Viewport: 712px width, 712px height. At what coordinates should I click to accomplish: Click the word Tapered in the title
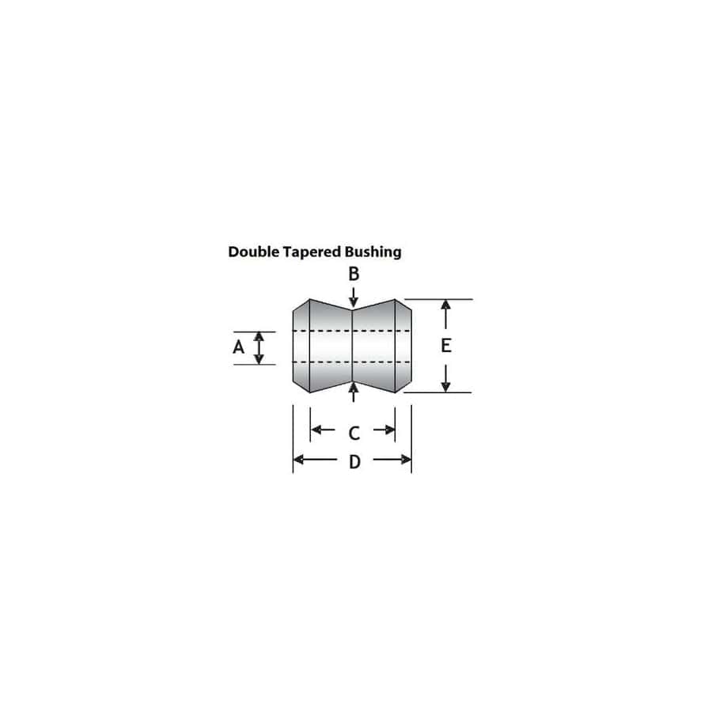[x=312, y=252]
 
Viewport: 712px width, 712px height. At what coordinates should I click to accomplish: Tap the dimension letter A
[x=238, y=347]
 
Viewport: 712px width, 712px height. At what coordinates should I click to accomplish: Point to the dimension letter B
[x=354, y=275]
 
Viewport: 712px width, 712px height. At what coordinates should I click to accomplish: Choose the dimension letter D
[x=354, y=461]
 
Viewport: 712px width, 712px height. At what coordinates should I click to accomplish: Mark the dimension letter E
[x=446, y=346]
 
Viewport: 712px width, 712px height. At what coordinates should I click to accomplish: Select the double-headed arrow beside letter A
[x=259, y=347]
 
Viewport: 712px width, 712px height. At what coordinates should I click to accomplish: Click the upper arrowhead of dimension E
[x=446, y=307]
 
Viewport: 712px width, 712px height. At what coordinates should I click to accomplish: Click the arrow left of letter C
[x=322, y=430]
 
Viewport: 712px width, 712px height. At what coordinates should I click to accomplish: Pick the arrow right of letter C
[x=384, y=430]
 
